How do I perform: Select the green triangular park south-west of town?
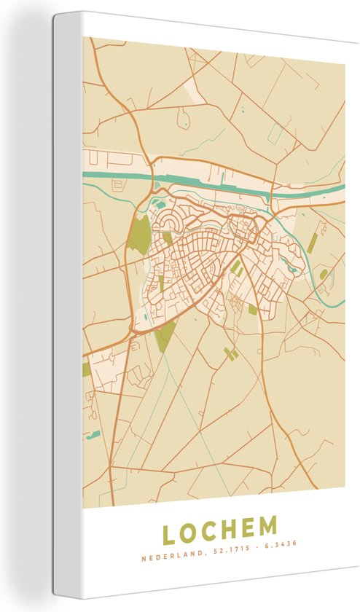166,336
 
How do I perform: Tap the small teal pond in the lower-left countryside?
93,436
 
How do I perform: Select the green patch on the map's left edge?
87,369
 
